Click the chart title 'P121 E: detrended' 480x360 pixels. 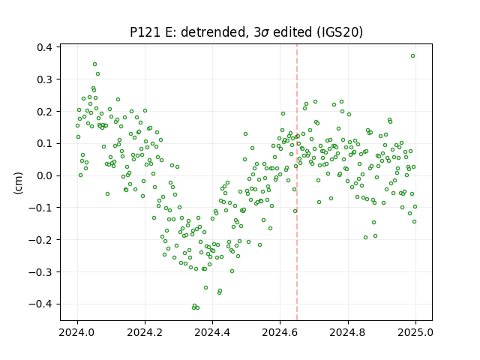pos(188,32)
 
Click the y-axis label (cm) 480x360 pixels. pos(18,183)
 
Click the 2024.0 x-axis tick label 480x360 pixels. pos(77,332)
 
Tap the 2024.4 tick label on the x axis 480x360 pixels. pos(212,332)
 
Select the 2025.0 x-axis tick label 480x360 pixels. pos(415,332)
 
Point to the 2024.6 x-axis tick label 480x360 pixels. pos(280,332)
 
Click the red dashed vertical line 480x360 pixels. pos(297,182)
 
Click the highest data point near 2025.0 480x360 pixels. pos(412,56)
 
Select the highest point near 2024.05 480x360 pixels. pos(95,64)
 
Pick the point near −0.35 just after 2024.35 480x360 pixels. pos(205,288)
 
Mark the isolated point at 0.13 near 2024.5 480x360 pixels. pos(245,134)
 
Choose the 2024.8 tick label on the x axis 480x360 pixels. pos(347,332)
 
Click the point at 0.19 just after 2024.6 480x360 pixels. pos(283,114)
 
